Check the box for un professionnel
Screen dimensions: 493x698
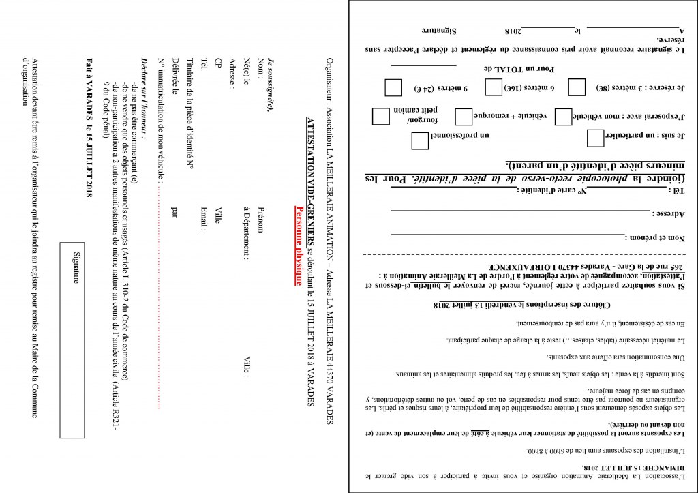(x=421, y=140)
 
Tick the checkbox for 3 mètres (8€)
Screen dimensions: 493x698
(x=577, y=87)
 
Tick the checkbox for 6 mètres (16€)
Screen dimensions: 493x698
(x=494, y=87)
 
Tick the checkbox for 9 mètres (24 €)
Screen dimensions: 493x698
(x=393, y=88)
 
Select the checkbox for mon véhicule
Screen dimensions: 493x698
(x=563, y=116)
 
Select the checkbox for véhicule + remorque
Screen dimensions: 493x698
(x=464, y=116)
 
